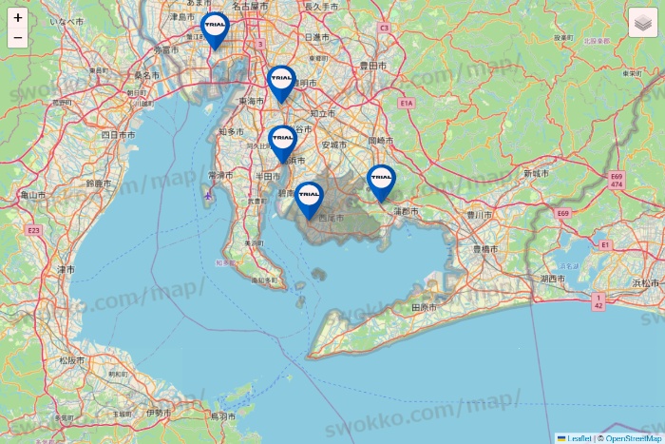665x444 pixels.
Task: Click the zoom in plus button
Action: coord(18,18)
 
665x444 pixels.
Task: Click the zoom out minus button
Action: coord(18,38)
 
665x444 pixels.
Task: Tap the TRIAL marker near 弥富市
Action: coord(216,29)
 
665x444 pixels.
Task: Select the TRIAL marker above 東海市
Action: coord(281,82)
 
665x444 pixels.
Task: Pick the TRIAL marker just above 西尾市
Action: coord(309,199)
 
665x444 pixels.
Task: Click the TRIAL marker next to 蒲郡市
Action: coord(381,181)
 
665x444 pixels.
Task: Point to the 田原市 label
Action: coord(424,308)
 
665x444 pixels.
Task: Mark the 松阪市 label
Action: coord(71,361)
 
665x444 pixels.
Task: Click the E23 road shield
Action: coord(34,230)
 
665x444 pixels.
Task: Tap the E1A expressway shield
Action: coord(406,102)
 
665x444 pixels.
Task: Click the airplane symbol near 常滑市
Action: coord(207,195)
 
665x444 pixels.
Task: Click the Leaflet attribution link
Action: coord(578,438)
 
